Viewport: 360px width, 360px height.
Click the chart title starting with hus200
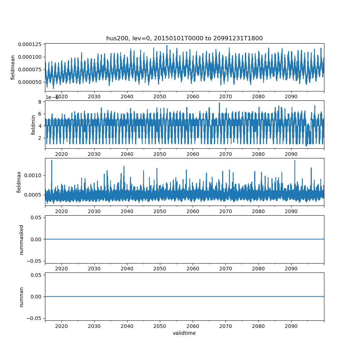coord(184,38)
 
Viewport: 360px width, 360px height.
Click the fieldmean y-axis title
coord(13,67)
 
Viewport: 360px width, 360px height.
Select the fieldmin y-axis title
coord(33,125)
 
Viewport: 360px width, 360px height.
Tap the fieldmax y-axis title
coord(19,182)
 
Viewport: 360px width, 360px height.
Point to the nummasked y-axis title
coord(21,239)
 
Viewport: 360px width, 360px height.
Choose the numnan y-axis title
coord(21,297)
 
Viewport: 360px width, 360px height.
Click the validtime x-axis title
coord(184,333)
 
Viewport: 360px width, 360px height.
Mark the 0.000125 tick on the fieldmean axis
coord(31,44)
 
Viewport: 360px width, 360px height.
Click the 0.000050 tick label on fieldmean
coord(31,82)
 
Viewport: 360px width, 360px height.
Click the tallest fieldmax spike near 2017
coord(51,160)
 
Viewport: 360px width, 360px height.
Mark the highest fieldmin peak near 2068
coord(219,103)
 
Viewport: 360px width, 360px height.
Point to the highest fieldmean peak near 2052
coord(167,45)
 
